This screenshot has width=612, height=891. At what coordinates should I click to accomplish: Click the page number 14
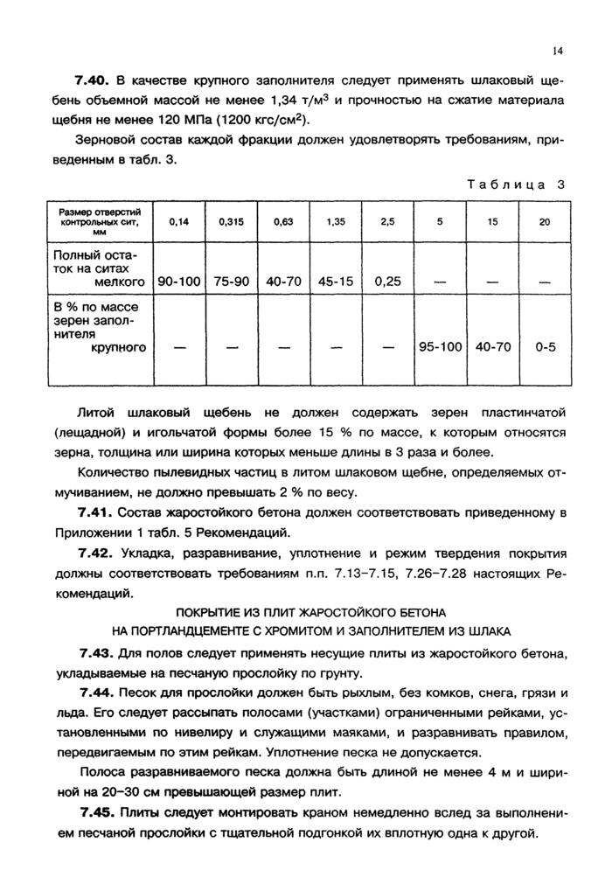557,52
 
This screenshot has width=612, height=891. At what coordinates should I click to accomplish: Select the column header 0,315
232,222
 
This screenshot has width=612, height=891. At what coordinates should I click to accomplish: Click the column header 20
545,222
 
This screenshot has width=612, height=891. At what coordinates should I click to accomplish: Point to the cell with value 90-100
178,282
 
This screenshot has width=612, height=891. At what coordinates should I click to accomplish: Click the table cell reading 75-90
232,282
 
